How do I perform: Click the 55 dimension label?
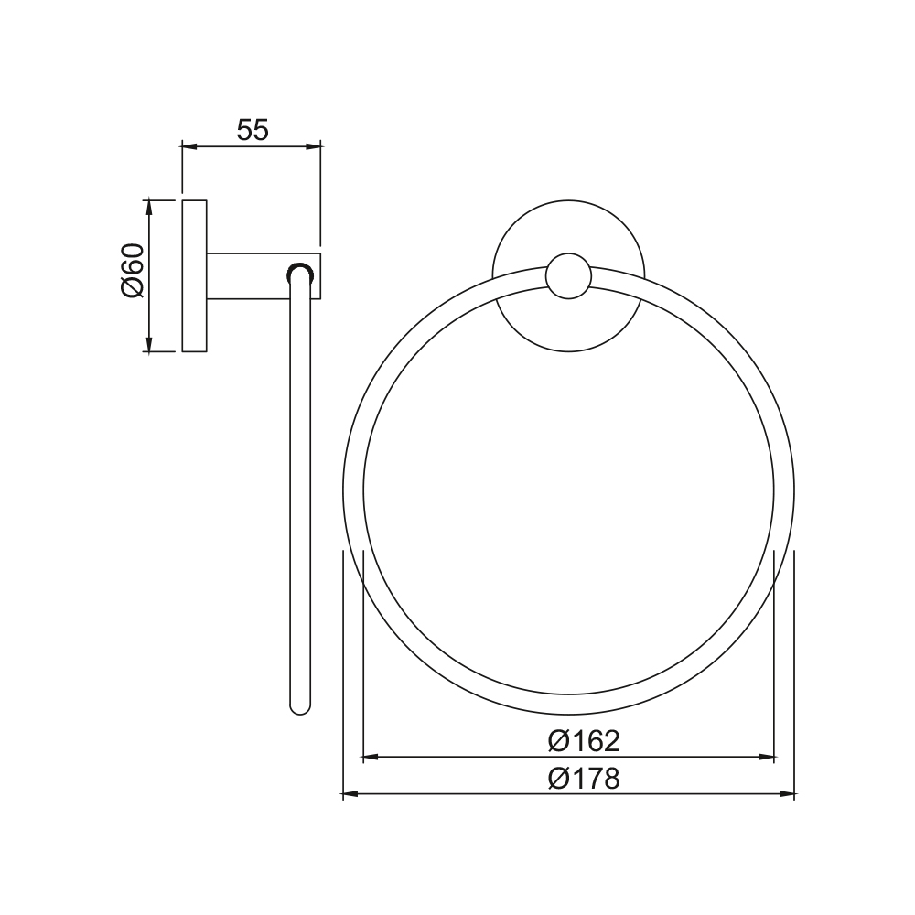click(253, 130)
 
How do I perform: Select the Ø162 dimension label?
click(584, 741)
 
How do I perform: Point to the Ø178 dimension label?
click(584, 778)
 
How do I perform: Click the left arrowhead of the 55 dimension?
click(189, 147)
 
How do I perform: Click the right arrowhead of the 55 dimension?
click(313, 147)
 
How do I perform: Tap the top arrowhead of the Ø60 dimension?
click(149, 208)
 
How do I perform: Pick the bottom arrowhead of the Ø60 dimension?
click(149, 344)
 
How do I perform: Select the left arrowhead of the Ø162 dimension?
click(371, 758)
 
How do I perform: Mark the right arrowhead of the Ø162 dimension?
click(766, 758)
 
